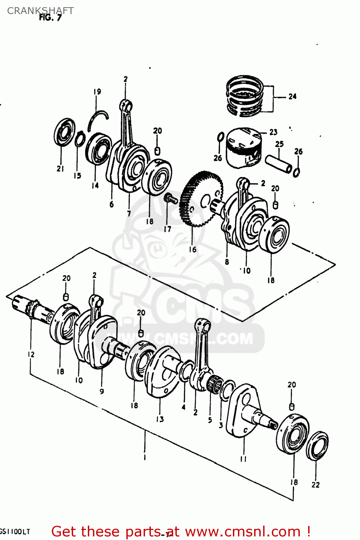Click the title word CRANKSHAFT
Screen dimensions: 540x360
40,11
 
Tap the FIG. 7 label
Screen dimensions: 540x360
50,18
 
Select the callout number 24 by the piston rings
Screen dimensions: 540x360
292,96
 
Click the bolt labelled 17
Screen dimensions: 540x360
170,198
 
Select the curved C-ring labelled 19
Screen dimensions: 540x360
98,119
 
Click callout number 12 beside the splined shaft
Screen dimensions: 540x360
31,354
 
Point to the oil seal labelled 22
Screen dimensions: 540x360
317,446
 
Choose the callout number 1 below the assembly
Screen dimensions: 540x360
144,458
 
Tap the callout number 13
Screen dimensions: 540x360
160,419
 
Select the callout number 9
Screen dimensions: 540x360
102,391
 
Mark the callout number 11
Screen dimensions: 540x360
243,459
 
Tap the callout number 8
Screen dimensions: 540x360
227,262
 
